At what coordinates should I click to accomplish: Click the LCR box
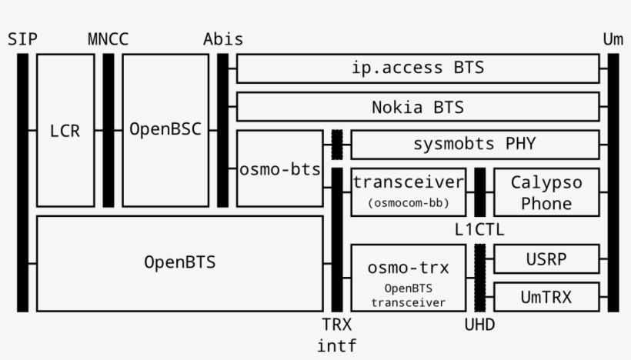pyautogui.click(x=65, y=130)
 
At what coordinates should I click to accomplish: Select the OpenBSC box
pyautogui.click(x=165, y=130)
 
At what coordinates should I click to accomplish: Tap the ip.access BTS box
pyautogui.click(x=418, y=68)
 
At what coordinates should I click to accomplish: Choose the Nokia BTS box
pyautogui.click(x=418, y=107)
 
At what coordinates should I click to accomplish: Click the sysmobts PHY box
pyautogui.click(x=474, y=145)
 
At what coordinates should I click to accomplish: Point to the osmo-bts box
pyautogui.click(x=279, y=168)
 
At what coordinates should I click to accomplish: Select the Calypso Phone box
pyautogui.click(x=546, y=192)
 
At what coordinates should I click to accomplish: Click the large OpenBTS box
pyautogui.click(x=179, y=262)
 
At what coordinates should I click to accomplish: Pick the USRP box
pyautogui.click(x=546, y=258)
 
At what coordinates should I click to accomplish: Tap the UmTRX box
pyautogui.click(x=546, y=297)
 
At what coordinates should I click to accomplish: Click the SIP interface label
pyautogui.click(x=22, y=39)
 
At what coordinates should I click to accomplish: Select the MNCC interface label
pyautogui.click(x=108, y=39)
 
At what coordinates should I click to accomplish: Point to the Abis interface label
pyautogui.click(x=223, y=39)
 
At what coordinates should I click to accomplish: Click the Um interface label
pyautogui.click(x=613, y=39)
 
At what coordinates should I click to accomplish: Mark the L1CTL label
pyautogui.click(x=479, y=229)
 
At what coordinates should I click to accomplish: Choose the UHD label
pyautogui.click(x=479, y=325)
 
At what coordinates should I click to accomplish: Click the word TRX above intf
pyautogui.click(x=336, y=325)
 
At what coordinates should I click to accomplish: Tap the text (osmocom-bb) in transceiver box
pyautogui.click(x=408, y=203)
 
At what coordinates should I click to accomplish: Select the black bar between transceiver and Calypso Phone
pyautogui.click(x=479, y=192)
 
